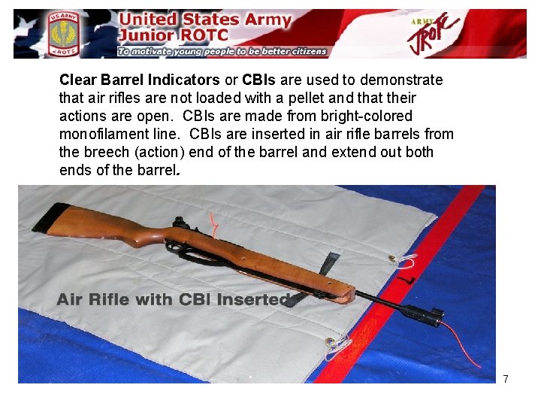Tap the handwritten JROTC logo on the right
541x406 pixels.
click(435, 34)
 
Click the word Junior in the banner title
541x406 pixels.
click(147, 36)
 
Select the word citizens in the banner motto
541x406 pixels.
click(303, 52)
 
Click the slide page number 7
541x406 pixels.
click(506, 379)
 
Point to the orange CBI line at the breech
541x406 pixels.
click(216, 223)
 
